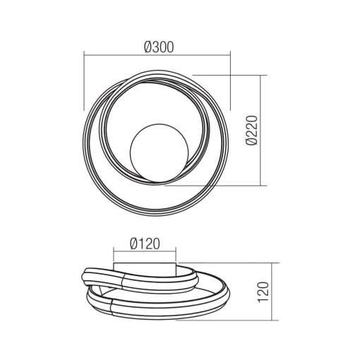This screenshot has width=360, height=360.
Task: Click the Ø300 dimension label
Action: [158, 46]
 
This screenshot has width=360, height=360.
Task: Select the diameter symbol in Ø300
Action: [147, 46]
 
